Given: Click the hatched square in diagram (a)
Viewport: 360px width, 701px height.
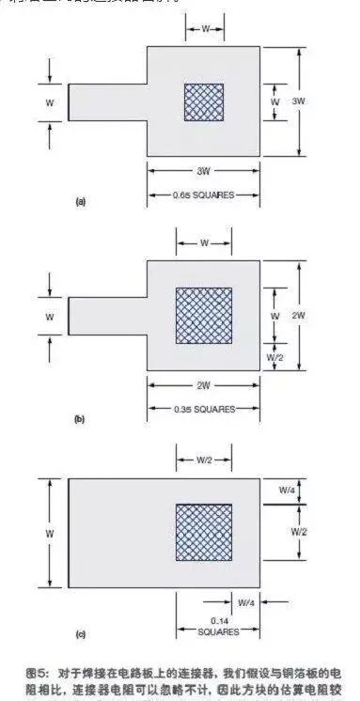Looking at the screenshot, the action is [x=204, y=101].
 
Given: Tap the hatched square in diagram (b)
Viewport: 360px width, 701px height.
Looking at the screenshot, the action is [x=204, y=317].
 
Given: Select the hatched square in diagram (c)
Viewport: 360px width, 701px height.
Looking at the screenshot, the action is [x=203, y=534].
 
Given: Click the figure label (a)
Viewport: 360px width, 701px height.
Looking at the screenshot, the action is [x=81, y=201].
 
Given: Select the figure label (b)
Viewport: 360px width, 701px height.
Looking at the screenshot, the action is [x=81, y=418].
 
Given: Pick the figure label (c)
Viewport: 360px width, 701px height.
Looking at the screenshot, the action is [x=81, y=636].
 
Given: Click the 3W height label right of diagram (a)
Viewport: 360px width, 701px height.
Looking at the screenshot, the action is [x=300, y=100].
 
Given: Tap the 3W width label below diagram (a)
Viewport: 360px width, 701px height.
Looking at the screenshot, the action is [x=204, y=172].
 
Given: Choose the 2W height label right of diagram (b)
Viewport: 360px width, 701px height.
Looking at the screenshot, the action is [x=300, y=317].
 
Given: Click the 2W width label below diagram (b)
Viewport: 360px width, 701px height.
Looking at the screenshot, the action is [x=204, y=386].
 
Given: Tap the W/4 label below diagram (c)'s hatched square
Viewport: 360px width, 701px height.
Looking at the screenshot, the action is [x=245, y=601].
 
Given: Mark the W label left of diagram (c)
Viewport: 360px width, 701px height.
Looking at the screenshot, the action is [x=48, y=534].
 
